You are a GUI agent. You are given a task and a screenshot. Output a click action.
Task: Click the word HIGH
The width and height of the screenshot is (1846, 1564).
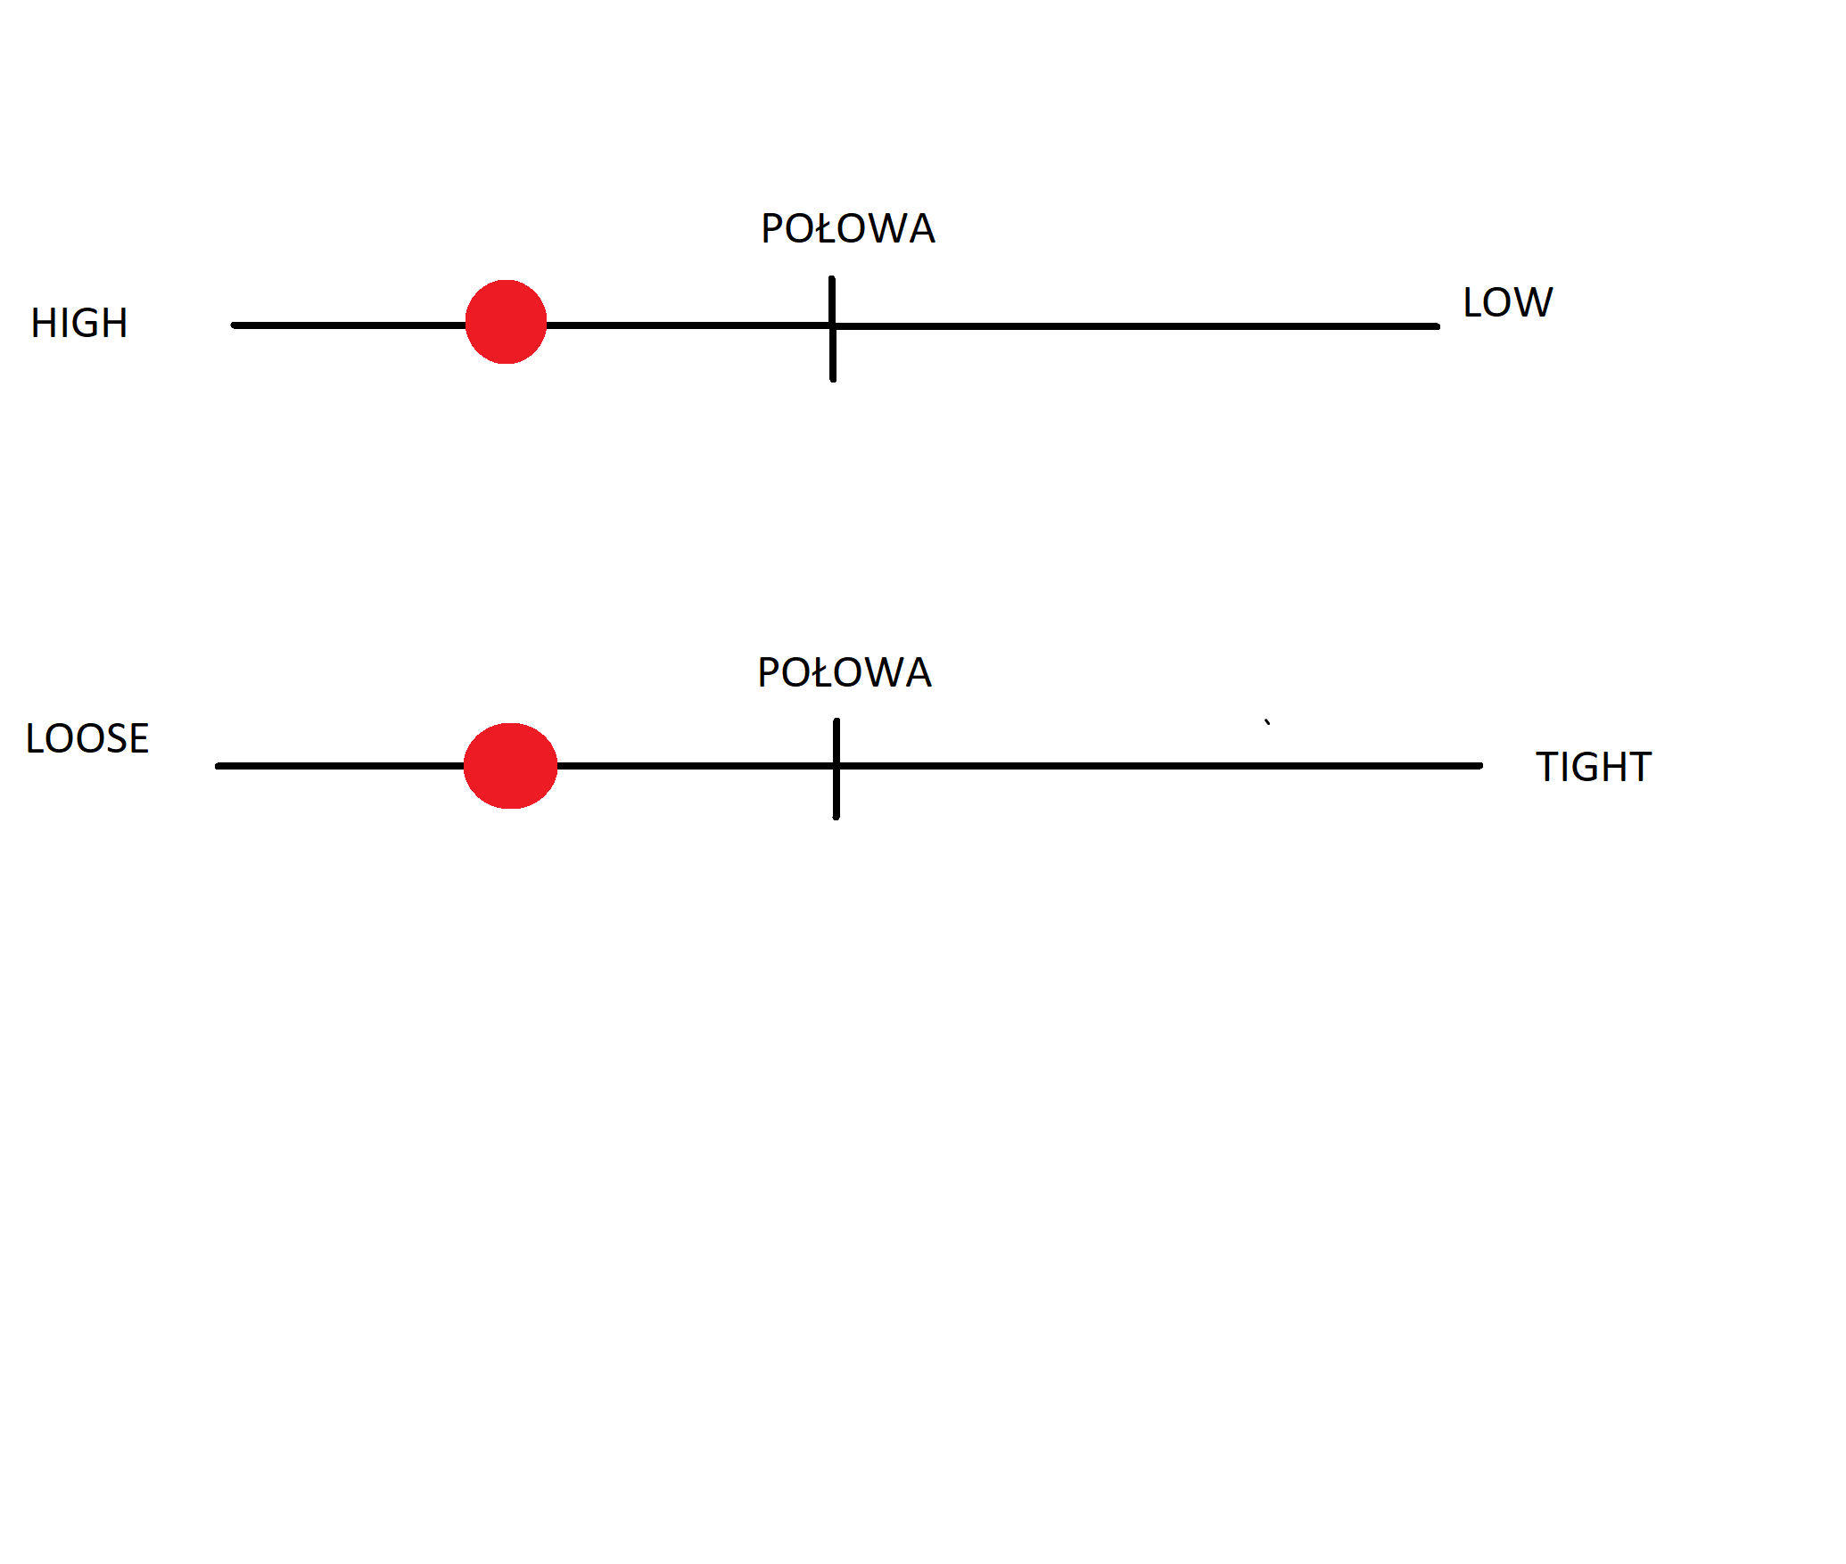click(x=79, y=323)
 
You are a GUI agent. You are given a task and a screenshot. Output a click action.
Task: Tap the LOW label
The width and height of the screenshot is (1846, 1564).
click(x=1508, y=302)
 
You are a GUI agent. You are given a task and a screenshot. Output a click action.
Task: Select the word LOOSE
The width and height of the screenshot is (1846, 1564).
click(x=87, y=738)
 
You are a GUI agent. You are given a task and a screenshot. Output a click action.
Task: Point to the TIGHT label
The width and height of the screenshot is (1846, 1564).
click(x=1594, y=767)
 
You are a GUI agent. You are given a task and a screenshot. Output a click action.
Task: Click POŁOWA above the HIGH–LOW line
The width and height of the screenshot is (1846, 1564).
click(x=848, y=228)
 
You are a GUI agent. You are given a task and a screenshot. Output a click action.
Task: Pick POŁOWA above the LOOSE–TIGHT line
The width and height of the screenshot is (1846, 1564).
click(x=845, y=672)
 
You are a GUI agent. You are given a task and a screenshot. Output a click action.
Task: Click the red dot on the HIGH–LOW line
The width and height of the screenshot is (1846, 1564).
click(x=506, y=322)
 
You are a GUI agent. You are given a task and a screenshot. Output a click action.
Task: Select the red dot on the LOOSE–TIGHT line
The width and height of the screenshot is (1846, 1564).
click(x=510, y=766)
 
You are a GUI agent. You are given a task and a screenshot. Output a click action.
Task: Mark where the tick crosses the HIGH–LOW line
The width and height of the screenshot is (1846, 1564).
click(x=832, y=326)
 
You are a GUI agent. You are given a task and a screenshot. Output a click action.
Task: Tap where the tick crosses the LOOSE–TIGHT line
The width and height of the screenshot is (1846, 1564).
click(x=836, y=766)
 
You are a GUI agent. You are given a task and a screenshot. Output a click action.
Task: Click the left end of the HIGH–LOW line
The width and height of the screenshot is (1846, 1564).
click(x=234, y=325)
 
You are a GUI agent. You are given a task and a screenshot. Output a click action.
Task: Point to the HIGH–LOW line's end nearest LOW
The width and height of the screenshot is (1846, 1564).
click(x=1438, y=326)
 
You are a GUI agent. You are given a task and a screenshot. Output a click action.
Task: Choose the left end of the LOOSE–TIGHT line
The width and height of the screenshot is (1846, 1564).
click(x=218, y=766)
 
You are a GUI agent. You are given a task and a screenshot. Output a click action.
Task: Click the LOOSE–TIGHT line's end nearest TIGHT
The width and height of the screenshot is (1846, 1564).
click(x=1480, y=766)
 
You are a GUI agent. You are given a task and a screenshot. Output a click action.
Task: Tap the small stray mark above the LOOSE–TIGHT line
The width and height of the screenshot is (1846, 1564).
click(x=1267, y=722)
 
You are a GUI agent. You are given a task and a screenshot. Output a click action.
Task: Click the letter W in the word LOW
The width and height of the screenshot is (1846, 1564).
click(x=1534, y=302)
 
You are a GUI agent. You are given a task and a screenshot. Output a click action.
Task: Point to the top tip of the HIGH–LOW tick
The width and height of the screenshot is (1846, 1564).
click(x=831, y=278)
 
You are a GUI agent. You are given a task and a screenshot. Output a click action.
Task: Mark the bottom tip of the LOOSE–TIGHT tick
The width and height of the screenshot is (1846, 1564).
click(x=836, y=817)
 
